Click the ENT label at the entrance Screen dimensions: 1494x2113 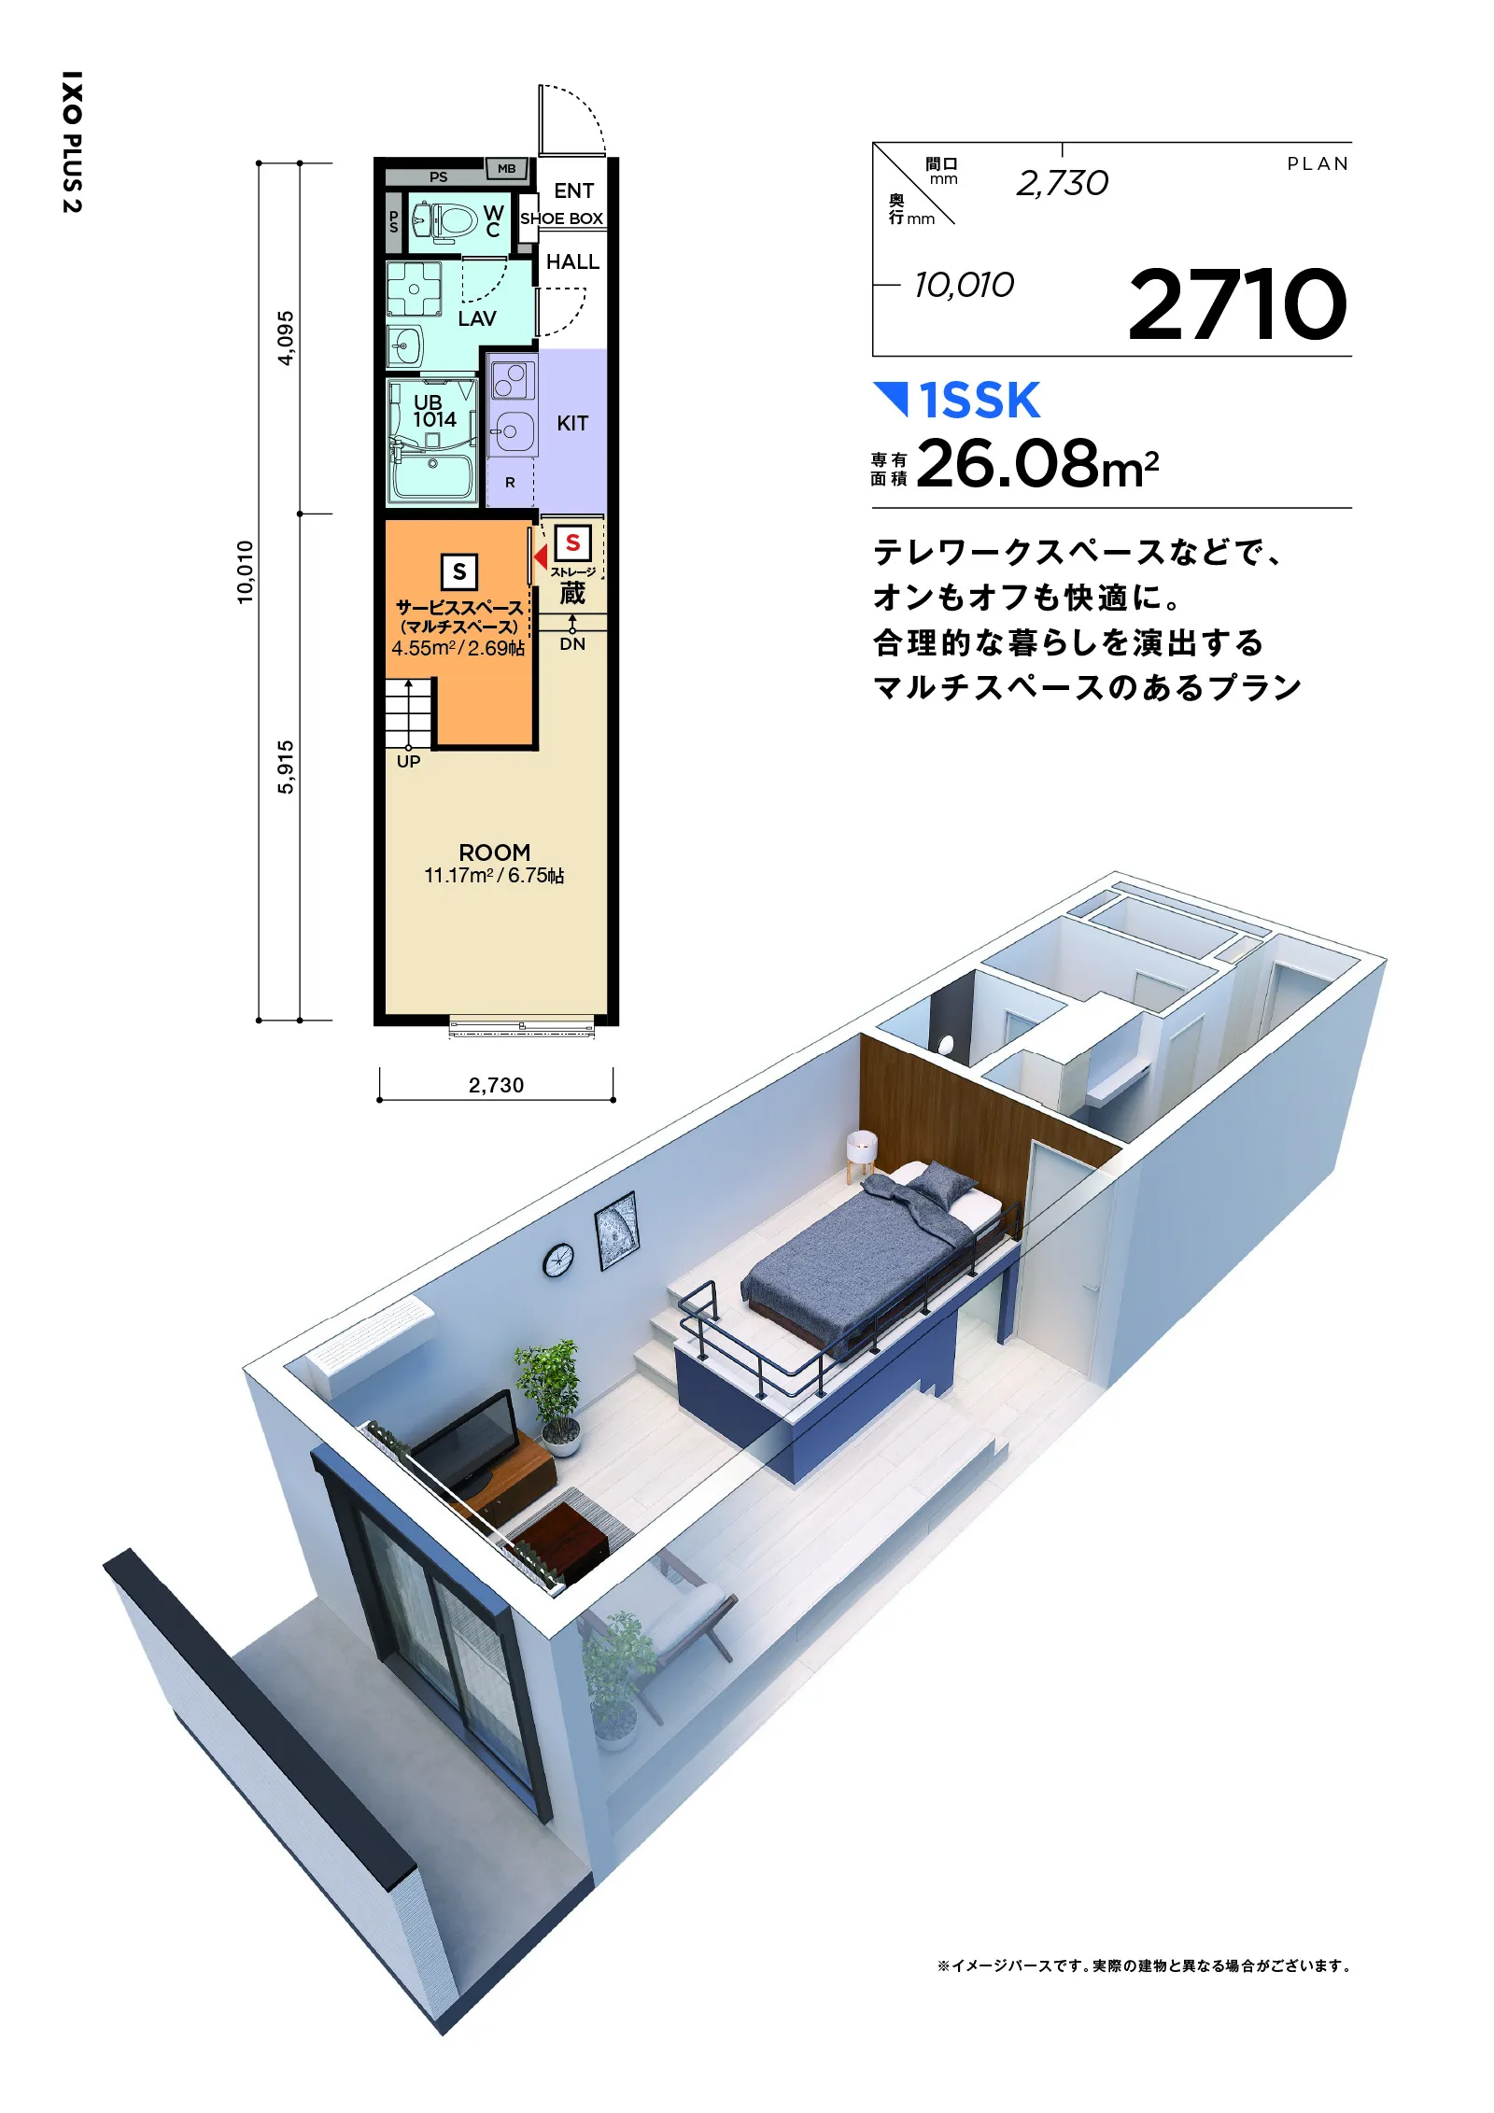click(x=573, y=190)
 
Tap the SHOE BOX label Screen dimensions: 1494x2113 click(x=561, y=218)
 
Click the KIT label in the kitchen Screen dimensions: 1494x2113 click(x=572, y=423)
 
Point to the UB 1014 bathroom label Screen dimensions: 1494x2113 click(x=434, y=411)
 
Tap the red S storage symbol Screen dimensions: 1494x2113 click(x=572, y=542)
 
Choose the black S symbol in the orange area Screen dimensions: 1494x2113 click(x=458, y=571)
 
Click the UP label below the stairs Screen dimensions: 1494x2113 click(x=408, y=761)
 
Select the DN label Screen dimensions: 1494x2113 click(x=572, y=644)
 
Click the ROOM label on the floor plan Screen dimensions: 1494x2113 click(x=494, y=852)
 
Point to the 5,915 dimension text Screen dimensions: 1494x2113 click(x=286, y=767)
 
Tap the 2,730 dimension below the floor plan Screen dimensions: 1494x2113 click(x=496, y=1085)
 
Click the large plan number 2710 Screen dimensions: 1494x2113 click(x=1237, y=304)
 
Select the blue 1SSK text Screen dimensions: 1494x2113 click(x=980, y=401)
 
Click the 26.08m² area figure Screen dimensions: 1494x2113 click(x=1037, y=464)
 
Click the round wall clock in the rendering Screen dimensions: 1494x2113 click(x=558, y=1260)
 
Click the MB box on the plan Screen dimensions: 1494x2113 click(x=506, y=169)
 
